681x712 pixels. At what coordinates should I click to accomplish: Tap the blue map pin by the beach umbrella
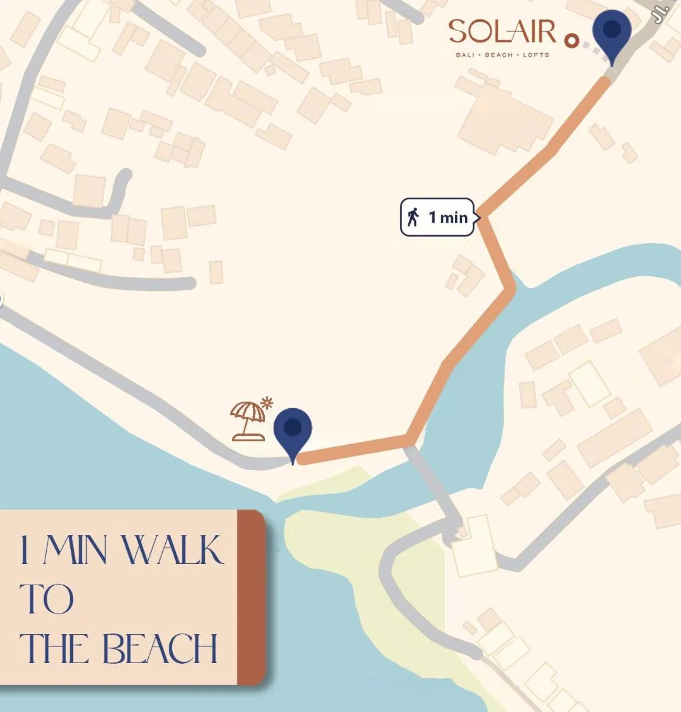click(x=293, y=431)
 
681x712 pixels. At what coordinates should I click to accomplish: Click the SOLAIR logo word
click(x=502, y=32)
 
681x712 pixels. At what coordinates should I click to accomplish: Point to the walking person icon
click(x=413, y=217)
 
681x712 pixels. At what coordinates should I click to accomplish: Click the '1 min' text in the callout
click(x=448, y=217)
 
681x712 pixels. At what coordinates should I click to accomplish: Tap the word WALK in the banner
click(x=172, y=550)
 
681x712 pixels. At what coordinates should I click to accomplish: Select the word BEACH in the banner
click(x=159, y=649)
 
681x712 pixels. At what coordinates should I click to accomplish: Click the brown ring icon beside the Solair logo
click(x=571, y=41)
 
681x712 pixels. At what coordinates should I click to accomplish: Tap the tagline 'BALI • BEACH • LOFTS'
click(x=502, y=55)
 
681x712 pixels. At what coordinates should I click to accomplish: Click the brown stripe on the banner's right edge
click(x=251, y=597)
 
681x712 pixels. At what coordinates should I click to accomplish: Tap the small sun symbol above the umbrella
click(x=267, y=403)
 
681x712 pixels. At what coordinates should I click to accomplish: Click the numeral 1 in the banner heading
click(x=24, y=550)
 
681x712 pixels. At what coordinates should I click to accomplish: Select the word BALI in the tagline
click(x=465, y=55)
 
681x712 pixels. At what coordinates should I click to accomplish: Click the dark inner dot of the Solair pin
click(x=612, y=28)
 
